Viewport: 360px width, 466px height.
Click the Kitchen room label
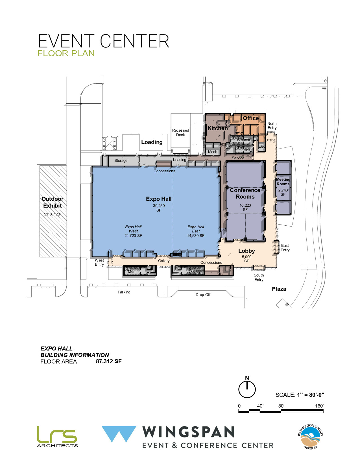(217, 128)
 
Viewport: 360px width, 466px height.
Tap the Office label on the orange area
(251, 118)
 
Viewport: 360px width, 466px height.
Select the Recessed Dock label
(180, 132)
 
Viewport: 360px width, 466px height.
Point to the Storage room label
(121, 160)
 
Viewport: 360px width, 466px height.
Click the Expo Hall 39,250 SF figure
(159, 208)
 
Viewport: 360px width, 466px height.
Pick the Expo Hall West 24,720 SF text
(133, 231)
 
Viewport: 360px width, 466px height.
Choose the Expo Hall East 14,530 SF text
(196, 231)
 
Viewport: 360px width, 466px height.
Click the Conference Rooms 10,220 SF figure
(245, 208)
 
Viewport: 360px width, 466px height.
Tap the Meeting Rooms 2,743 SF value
(283, 192)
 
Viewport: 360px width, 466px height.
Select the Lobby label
(246, 251)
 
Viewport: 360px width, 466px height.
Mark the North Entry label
(272, 126)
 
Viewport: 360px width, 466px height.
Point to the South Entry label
(259, 277)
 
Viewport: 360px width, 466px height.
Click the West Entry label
(99, 262)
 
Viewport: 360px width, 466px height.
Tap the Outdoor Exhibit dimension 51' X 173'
(52, 214)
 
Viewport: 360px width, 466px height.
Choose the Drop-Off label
(203, 295)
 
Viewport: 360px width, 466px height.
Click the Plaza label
(279, 289)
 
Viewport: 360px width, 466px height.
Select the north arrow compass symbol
(247, 389)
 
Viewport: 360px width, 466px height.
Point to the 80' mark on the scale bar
(281, 406)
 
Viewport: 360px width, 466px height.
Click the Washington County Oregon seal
(310, 436)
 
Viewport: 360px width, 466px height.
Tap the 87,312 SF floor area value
(109, 361)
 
